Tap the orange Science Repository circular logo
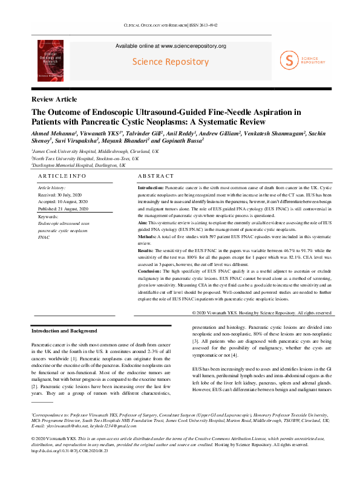(x=289, y=59)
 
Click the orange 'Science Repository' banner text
(x=171, y=62)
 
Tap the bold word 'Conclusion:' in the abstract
(x=150, y=271)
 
